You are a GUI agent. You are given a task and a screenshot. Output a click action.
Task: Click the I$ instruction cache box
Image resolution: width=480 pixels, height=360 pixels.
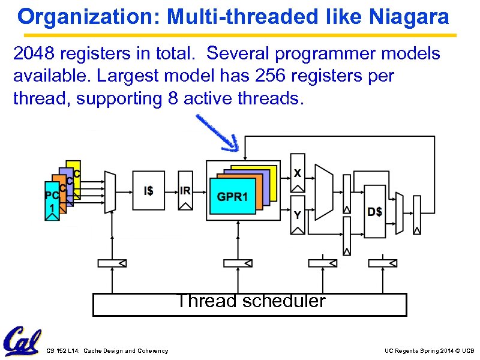(148, 191)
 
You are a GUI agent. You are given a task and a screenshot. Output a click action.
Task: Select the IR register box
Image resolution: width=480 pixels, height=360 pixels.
(185, 191)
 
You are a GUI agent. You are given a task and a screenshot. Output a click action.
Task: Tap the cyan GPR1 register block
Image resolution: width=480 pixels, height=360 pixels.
(232, 197)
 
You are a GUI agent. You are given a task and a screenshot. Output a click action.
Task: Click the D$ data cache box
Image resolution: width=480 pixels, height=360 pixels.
(374, 211)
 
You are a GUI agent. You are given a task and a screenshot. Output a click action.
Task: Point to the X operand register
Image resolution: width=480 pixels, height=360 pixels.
(298, 173)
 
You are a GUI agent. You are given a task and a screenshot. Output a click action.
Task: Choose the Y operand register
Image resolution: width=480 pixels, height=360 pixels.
(298, 215)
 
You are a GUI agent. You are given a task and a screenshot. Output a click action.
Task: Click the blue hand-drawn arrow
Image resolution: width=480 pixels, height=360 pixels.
(218, 134)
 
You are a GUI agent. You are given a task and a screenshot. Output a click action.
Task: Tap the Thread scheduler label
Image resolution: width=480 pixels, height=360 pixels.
(250, 301)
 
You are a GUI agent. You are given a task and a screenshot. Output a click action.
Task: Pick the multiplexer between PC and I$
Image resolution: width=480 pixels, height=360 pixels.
(109, 191)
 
